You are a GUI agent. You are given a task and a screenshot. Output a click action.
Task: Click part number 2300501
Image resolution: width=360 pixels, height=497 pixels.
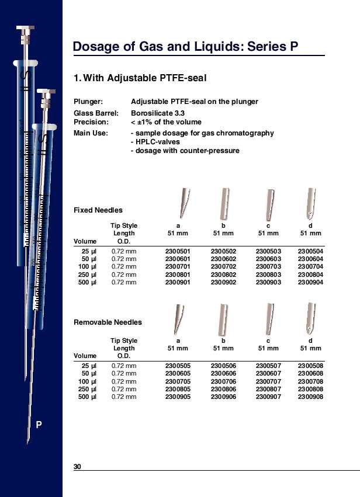178,252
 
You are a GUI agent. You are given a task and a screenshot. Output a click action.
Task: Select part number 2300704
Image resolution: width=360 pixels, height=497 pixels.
310,267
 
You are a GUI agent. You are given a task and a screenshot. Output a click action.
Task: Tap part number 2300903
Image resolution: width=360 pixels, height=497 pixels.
268,282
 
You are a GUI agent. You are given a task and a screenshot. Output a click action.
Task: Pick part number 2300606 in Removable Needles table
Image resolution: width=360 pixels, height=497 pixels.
223,374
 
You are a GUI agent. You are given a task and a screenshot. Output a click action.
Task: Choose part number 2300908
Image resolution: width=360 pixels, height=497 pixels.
310,397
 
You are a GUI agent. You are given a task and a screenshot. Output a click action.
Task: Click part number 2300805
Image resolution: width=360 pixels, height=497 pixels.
178,390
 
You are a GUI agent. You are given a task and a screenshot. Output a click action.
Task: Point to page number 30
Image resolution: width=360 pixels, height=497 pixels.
77,466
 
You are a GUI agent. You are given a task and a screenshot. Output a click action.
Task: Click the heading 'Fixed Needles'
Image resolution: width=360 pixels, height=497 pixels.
98,210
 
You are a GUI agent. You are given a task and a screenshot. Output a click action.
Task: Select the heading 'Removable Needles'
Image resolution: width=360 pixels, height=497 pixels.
108,322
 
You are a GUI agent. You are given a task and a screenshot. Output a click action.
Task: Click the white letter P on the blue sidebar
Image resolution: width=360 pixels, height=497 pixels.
39,425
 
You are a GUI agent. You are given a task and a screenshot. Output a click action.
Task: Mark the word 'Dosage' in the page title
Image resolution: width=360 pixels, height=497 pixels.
96,47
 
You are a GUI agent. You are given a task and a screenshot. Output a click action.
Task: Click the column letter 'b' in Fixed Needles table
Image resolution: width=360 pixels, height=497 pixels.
223,225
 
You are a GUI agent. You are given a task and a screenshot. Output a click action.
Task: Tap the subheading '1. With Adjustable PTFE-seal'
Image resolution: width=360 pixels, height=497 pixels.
140,78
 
